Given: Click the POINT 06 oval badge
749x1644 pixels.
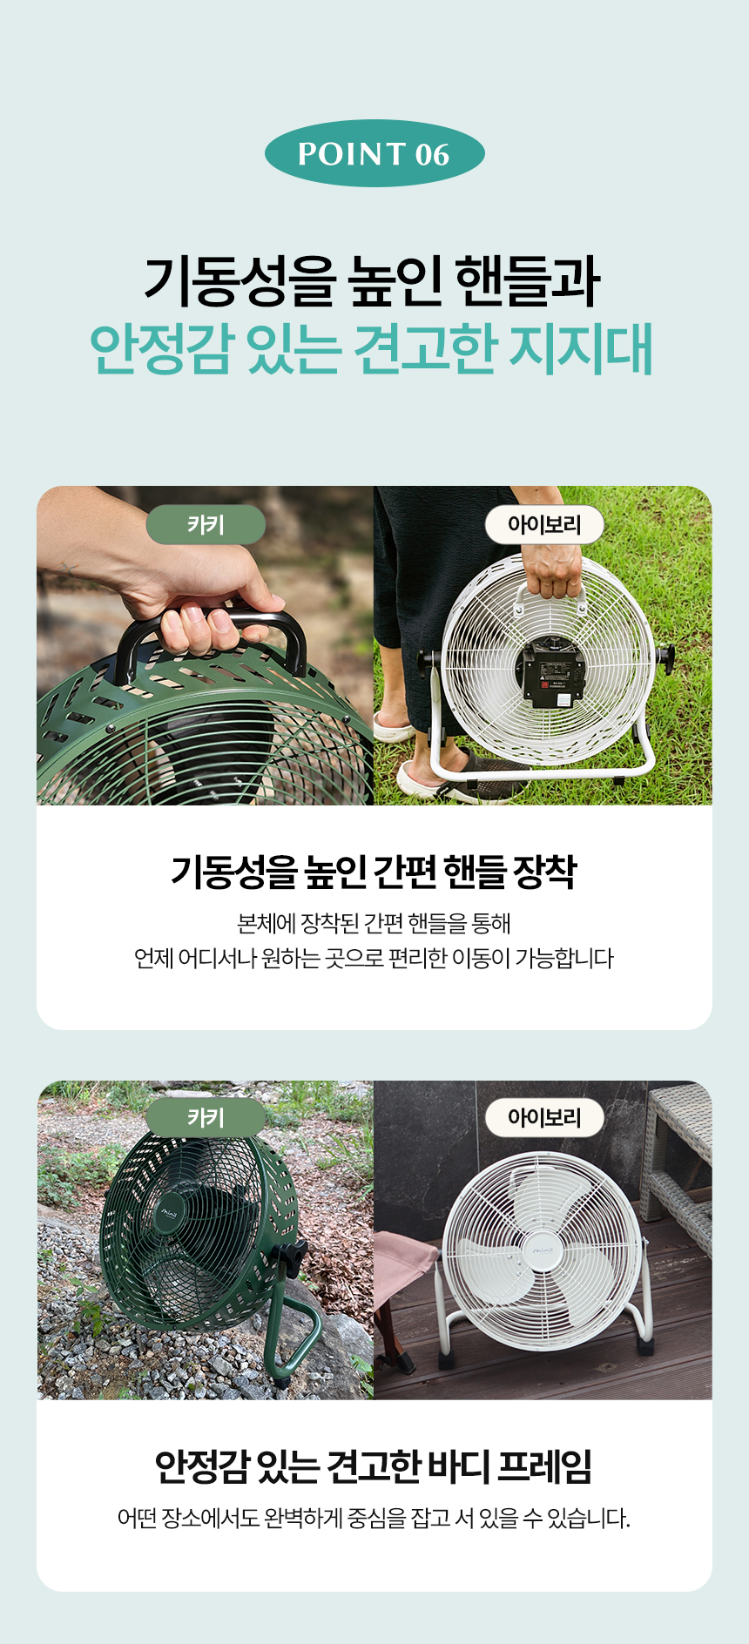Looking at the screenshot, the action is click(374, 153).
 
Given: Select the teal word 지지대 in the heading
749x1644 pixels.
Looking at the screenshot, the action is click(581, 349).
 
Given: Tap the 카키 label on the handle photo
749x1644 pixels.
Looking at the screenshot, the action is click(206, 525).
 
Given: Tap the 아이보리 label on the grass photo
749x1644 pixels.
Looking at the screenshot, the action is click(544, 525).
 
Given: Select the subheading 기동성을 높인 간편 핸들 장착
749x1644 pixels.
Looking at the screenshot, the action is click(374, 872).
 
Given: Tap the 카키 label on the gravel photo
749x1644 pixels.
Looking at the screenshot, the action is click(206, 1118).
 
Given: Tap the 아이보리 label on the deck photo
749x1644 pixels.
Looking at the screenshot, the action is click(544, 1118).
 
